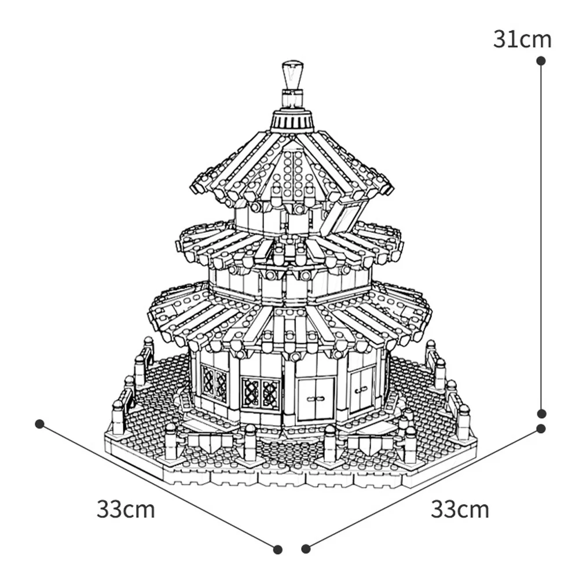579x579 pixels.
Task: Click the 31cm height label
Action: click(x=522, y=39)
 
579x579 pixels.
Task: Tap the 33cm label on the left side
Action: click(x=126, y=510)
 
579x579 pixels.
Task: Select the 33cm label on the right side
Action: click(x=460, y=510)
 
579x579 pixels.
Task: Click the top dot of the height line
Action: click(x=541, y=60)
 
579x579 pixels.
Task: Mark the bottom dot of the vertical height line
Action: click(x=541, y=413)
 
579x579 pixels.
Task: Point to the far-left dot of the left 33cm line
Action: click(x=39, y=424)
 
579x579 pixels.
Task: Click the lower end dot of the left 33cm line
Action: click(x=277, y=548)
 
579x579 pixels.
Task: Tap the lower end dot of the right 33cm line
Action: click(x=306, y=548)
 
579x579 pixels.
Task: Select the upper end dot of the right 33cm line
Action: click(x=541, y=428)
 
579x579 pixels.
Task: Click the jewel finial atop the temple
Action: click(x=293, y=75)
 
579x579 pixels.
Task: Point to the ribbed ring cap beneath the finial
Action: click(x=293, y=120)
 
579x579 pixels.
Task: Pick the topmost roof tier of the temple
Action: click(x=292, y=168)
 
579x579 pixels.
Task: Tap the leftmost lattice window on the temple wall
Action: click(x=214, y=382)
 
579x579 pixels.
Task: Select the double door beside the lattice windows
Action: click(x=316, y=398)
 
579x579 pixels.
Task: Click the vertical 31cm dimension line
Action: click(x=541, y=232)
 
